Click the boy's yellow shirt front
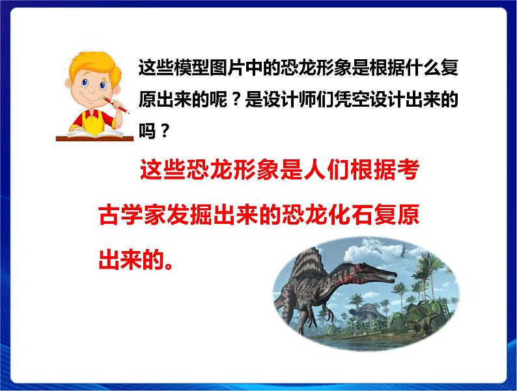pyautogui.click(x=91, y=120)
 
